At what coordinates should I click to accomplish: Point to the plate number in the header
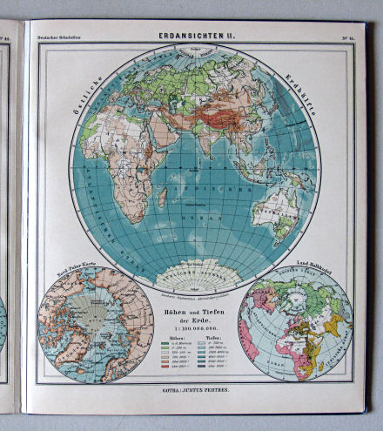(344, 37)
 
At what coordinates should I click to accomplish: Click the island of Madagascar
(161, 197)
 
